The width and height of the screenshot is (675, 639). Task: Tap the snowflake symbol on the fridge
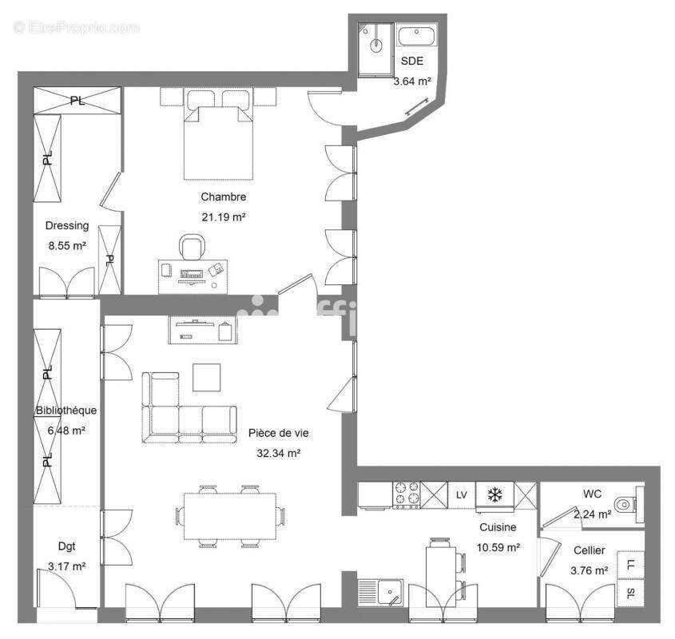coord(495,496)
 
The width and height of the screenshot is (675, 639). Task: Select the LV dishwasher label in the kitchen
coord(461,495)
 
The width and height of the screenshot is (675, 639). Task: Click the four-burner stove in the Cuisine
coord(407,496)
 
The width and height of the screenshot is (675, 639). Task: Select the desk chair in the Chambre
coord(191,248)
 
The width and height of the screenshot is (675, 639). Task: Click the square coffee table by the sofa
coord(208,378)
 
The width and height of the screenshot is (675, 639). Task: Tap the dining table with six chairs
coord(230,516)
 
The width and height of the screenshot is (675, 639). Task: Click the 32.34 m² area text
coord(277,454)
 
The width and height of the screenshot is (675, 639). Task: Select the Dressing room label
coord(67,226)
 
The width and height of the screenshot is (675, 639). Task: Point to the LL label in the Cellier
coord(631,565)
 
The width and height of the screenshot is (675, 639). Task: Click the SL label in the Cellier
coord(631,593)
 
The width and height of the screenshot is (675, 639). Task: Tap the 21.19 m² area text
coord(224,216)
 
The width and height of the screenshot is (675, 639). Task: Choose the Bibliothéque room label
coord(66,411)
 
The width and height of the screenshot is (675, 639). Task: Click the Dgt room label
coord(66,546)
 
